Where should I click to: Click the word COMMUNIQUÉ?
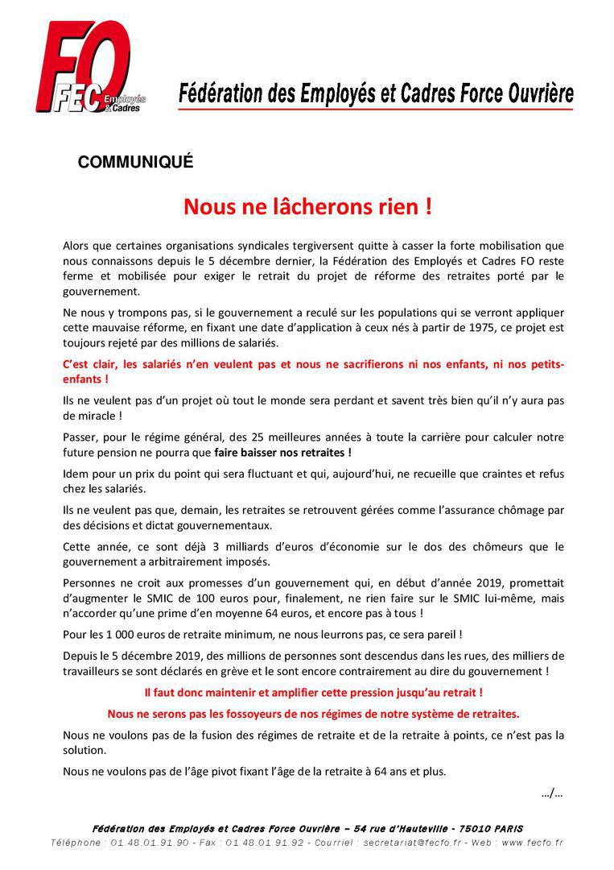pyautogui.click(x=135, y=162)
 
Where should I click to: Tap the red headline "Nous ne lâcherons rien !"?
pyautogui.click(x=307, y=207)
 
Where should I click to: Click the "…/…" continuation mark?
pyautogui.click(x=552, y=793)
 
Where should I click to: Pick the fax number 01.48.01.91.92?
pyautogui.click(x=266, y=843)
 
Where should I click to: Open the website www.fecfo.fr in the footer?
pyautogui.click(x=532, y=843)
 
